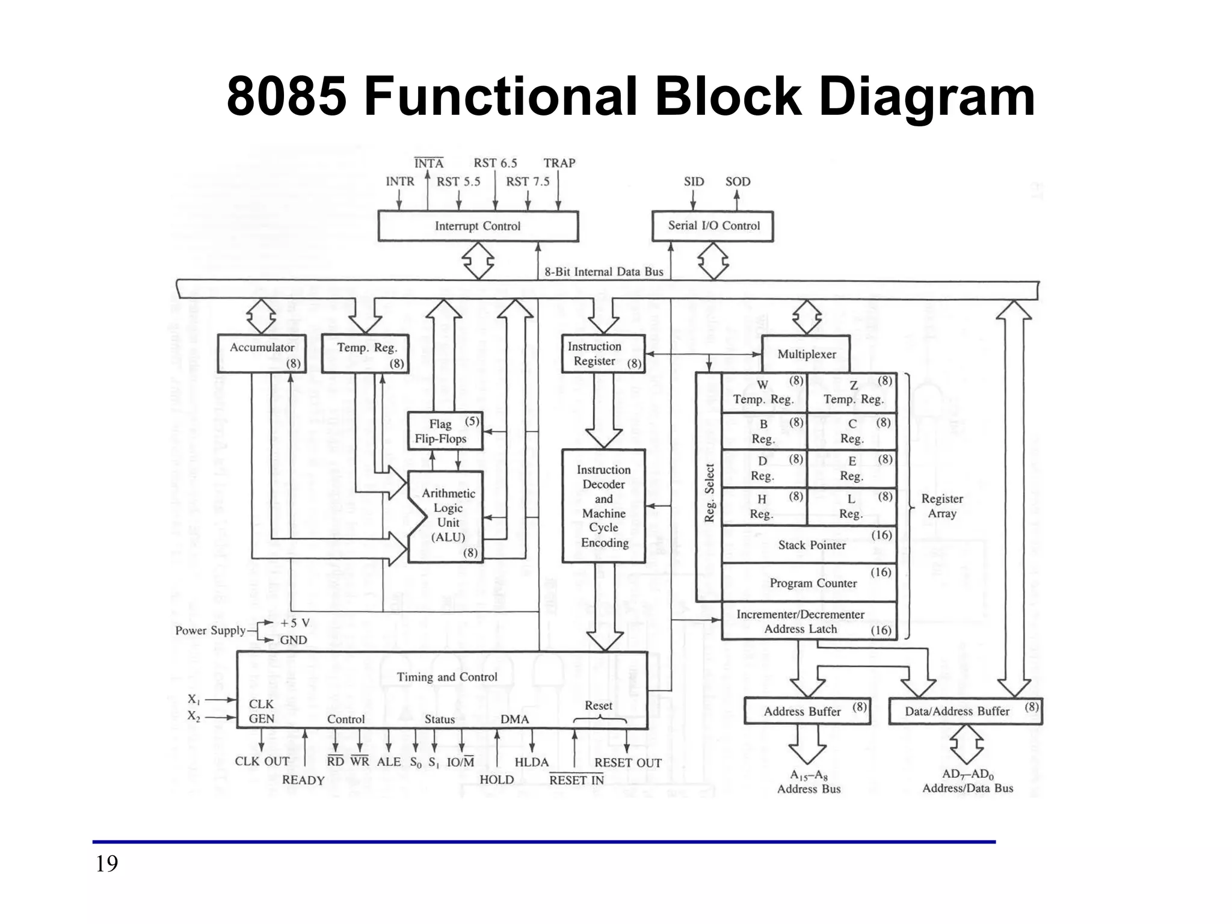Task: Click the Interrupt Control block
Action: pyautogui.click(x=478, y=226)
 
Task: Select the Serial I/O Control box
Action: pyautogui.click(x=713, y=226)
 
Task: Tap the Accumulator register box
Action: pyautogui.click(x=262, y=354)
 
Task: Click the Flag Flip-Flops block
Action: pyautogui.click(x=445, y=431)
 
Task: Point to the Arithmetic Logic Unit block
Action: pyautogui.click(x=448, y=516)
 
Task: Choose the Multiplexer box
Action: pyautogui.click(x=806, y=354)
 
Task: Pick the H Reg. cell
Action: pyautogui.click(x=763, y=507)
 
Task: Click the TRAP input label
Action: pyautogui.click(x=559, y=163)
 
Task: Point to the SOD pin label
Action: pyautogui.click(x=738, y=182)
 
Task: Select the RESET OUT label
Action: pyautogui.click(x=627, y=763)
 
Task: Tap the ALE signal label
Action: pyautogui.click(x=389, y=762)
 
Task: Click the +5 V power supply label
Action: pyautogui.click(x=295, y=623)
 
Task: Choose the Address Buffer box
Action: pyautogui.click(x=807, y=711)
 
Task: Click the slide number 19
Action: pyautogui.click(x=107, y=864)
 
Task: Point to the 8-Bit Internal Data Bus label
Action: pyautogui.click(x=603, y=272)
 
